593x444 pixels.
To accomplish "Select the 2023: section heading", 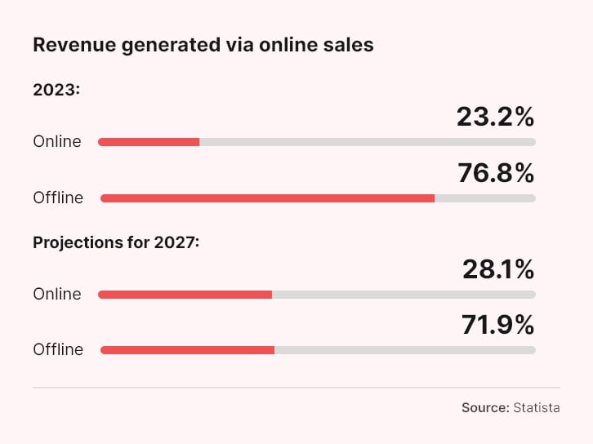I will [x=56, y=90].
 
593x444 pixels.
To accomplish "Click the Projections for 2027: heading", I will [x=116, y=242].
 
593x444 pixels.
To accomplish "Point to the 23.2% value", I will [x=495, y=118].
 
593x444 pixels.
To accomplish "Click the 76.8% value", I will [x=495, y=173].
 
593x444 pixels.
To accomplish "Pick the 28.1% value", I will [x=497, y=269].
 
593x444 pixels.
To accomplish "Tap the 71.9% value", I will [x=497, y=325].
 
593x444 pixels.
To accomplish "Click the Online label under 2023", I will [x=57, y=142].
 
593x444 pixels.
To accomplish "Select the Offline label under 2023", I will [x=58, y=198].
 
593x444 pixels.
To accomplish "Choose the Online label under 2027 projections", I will [x=57, y=294].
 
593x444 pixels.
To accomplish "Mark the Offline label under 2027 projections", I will [x=58, y=349].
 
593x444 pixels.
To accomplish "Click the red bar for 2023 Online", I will [x=149, y=142].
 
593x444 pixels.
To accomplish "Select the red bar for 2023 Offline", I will [x=267, y=198].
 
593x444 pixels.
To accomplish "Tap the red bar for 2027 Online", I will [x=185, y=294].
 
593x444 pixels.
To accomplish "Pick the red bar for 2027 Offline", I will [x=187, y=349].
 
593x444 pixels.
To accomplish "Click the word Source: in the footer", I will [x=484, y=407].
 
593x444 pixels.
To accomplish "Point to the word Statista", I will [x=537, y=407].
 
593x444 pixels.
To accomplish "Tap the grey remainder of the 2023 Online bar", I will [x=368, y=142].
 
